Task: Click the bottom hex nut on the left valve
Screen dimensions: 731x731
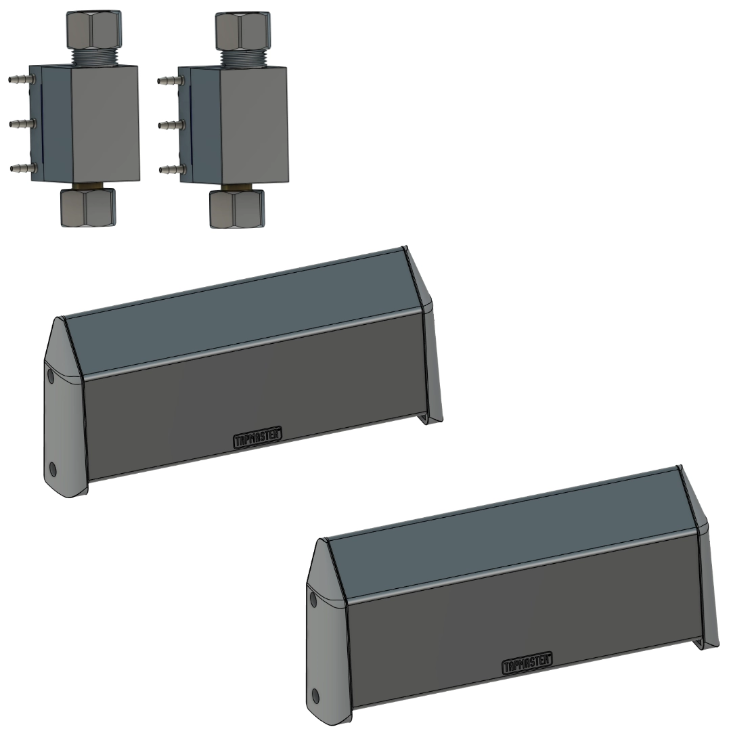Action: click(88, 208)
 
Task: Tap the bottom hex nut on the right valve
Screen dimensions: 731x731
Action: click(237, 208)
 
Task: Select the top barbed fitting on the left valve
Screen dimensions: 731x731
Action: click(22, 79)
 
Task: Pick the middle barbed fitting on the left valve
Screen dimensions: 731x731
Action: click(22, 124)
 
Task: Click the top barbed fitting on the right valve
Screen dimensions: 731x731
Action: click(171, 81)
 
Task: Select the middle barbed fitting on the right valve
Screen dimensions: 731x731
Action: click(171, 125)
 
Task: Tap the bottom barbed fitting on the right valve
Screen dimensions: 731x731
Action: click(172, 169)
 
